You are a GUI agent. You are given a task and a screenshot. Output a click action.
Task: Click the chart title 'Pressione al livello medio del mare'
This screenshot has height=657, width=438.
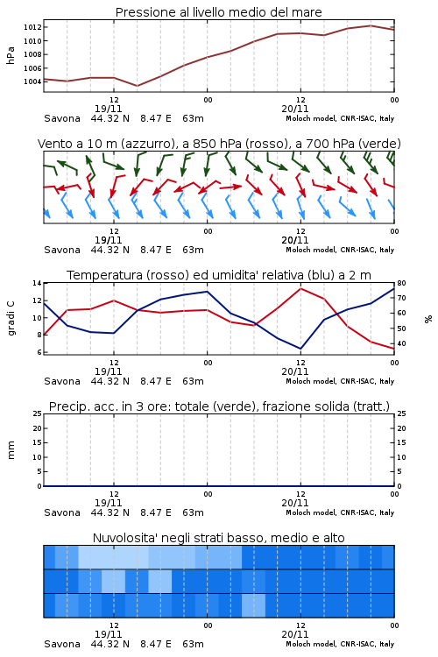point(218,12)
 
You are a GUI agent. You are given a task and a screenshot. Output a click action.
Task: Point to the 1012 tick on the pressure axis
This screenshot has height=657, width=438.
point(32,28)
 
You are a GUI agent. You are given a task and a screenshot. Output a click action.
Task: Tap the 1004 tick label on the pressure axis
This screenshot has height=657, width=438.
point(32,81)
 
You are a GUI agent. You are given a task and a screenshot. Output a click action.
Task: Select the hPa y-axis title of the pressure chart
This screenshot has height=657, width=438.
point(11,55)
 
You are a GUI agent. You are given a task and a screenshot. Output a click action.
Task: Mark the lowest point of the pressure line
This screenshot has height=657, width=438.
point(137,86)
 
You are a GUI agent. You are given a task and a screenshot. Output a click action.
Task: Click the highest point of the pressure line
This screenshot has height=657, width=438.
point(371,25)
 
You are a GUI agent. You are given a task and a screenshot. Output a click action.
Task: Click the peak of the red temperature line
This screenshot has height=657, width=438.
point(301,288)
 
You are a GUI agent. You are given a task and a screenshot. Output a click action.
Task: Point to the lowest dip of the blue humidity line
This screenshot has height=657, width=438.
point(300,349)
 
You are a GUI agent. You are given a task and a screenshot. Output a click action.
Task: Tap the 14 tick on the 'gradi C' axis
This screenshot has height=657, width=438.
point(38,283)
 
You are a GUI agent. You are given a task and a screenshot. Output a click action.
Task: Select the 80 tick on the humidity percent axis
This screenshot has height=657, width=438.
point(401,283)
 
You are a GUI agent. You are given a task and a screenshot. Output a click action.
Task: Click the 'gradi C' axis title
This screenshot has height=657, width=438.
point(11,318)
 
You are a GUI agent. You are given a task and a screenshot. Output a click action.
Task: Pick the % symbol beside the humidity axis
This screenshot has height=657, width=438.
point(428,319)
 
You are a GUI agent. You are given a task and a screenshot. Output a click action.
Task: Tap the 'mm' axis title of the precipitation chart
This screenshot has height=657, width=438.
point(11,450)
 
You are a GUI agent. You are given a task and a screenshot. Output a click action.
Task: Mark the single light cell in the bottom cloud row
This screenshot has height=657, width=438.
point(253,605)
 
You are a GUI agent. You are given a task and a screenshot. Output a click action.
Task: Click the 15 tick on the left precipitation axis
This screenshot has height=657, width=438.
point(38,442)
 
